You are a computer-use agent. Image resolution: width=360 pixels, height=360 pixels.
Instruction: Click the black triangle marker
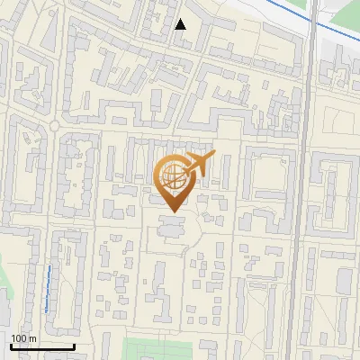[180, 24]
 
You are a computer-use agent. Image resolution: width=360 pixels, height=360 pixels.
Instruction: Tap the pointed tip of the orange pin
[175, 211]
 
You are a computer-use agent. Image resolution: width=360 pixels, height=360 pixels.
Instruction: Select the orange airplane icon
[200, 165]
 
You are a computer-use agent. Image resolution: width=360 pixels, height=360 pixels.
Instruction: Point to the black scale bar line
[41, 346]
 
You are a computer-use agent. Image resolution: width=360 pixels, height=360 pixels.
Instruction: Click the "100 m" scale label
[23, 338]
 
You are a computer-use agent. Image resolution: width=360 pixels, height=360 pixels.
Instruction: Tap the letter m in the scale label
[32, 338]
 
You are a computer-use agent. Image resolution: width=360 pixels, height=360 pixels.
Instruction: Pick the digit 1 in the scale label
[13, 338]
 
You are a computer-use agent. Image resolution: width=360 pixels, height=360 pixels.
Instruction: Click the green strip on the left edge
[4, 288]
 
